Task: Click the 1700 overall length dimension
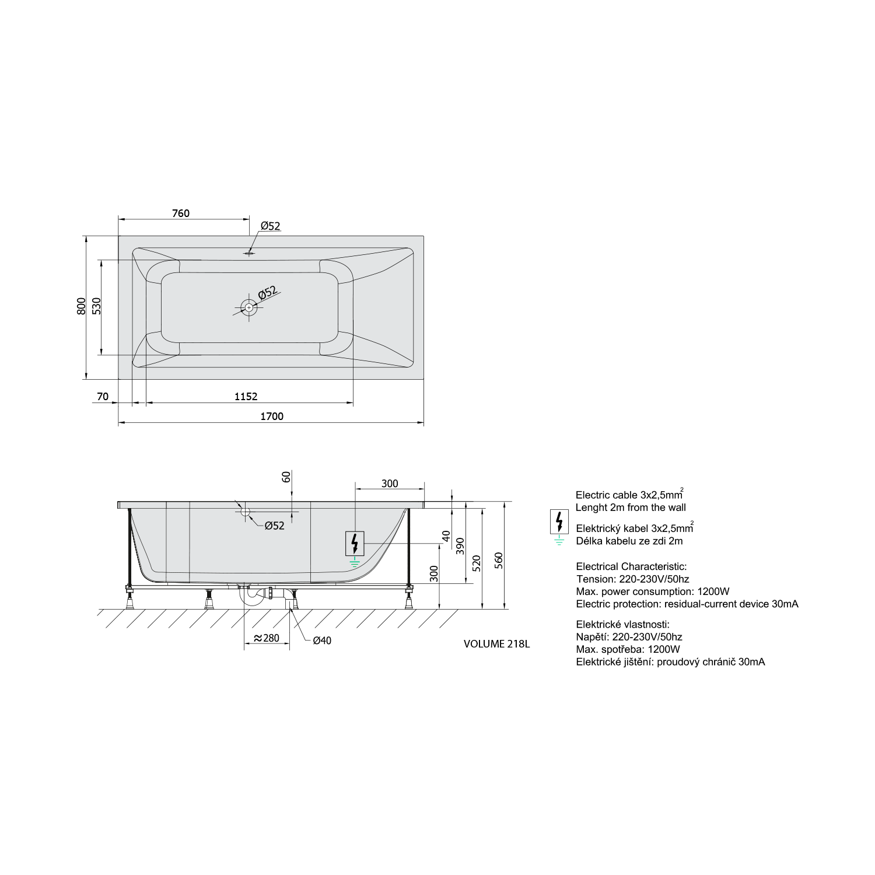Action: click(x=271, y=416)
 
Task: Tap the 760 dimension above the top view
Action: click(x=181, y=213)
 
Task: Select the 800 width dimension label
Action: click(x=81, y=306)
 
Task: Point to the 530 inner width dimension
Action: click(x=96, y=306)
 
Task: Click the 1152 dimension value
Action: click(x=246, y=397)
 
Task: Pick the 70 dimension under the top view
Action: click(x=103, y=397)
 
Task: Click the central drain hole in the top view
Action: click(x=249, y=307)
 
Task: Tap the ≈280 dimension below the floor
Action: click(x=266, y=638)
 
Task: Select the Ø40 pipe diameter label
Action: click(x=322, y=640)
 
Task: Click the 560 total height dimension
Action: click(x=499, y=560)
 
